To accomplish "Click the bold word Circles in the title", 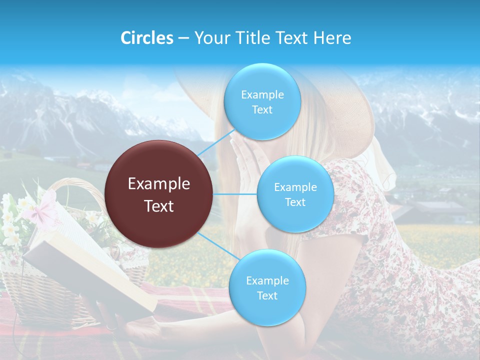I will pos(147,38).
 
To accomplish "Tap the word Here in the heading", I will pos(332,38).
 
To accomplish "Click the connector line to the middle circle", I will pos(235,194).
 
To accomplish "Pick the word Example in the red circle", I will pos(159,184).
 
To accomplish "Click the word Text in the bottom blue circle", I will pos(267,295).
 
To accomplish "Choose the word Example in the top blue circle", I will pos(262,94).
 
